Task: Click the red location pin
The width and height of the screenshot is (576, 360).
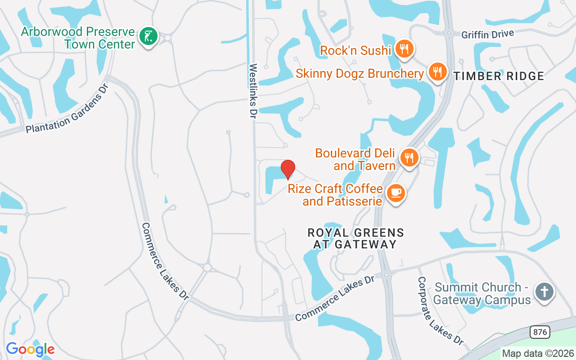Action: tap(288, 169)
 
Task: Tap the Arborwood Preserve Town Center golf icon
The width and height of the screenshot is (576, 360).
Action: tap(148, 36)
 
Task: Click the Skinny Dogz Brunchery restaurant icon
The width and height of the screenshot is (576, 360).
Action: tap(436, 71)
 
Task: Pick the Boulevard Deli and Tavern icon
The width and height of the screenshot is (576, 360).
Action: tap(409, 158)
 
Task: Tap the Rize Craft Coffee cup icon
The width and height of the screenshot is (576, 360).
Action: tap(396, 193)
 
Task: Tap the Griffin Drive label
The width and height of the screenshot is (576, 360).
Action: tap(488, 34)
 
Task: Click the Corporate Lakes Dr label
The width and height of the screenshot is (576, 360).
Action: tap(440, 310)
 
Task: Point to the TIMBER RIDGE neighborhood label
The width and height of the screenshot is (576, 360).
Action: tap(499, 76)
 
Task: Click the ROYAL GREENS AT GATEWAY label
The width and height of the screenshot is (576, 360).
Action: tap(355, 238)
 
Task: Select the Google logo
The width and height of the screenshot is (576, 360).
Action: tap(30, 349)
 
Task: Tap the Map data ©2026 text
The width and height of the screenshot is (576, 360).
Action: tap(538, 353)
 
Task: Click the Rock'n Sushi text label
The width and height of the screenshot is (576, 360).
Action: tap(355, 50)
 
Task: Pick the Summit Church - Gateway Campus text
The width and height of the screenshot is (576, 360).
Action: tap(483, 293)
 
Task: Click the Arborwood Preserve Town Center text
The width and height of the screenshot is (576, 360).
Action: tap(78, 38)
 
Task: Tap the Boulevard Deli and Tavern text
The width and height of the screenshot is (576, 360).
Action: tap(355, 159)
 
